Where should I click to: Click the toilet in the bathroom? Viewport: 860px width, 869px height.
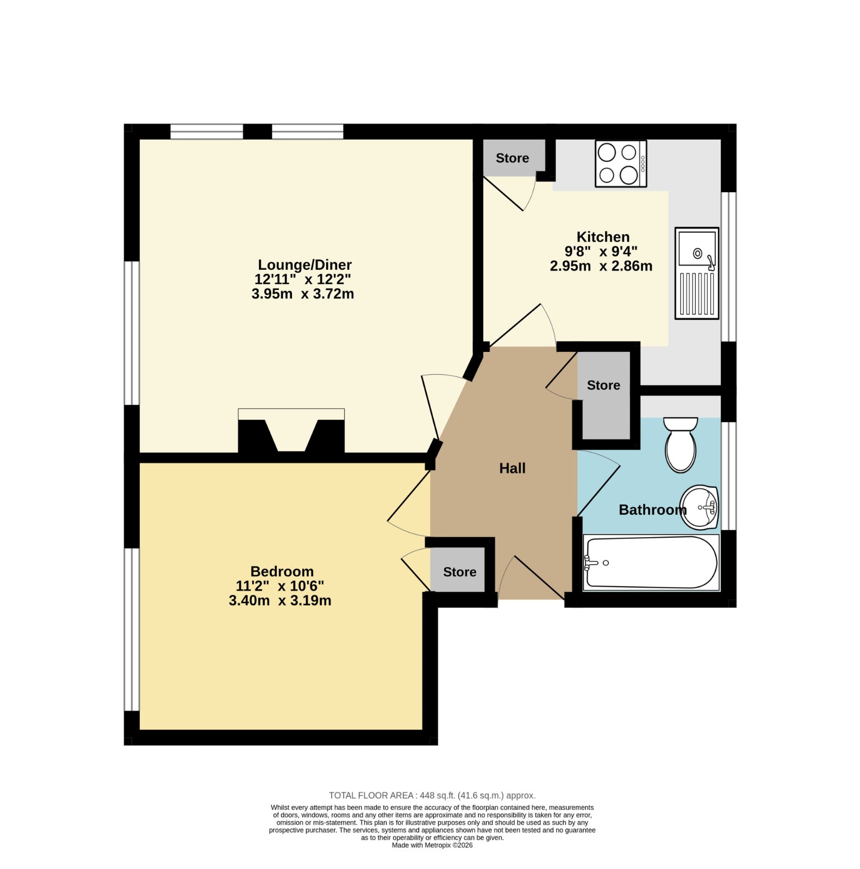pos(681,444)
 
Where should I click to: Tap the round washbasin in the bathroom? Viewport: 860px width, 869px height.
pos(700,507)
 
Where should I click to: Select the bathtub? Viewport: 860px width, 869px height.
pos(651,563)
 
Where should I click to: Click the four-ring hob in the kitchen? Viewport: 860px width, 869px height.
pos(621,163)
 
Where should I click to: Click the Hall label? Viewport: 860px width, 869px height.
pos(512,468)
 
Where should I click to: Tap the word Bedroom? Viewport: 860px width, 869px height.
pos(282,571)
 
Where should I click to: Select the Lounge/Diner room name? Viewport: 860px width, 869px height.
pos(304,265)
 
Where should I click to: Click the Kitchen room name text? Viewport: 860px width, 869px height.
pos(603,237)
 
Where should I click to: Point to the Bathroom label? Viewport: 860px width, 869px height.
pos(652,509)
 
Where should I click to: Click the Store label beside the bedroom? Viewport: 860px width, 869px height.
pos(459,572)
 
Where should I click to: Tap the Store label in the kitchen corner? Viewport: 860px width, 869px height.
pos(512,158)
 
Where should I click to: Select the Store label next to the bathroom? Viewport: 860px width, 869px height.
pos(603,385)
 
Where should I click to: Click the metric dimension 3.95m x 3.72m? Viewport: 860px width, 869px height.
pos(303,294)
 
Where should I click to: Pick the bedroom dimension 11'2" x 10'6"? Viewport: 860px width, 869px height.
pos(280,586)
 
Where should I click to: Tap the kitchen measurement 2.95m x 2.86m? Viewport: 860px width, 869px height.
pos(601,266)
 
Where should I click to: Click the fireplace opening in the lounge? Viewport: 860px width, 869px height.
pos(291,435)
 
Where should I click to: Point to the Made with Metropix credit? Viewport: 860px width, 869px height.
pos(432,845)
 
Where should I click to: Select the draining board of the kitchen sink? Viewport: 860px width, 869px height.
pos(697,294)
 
